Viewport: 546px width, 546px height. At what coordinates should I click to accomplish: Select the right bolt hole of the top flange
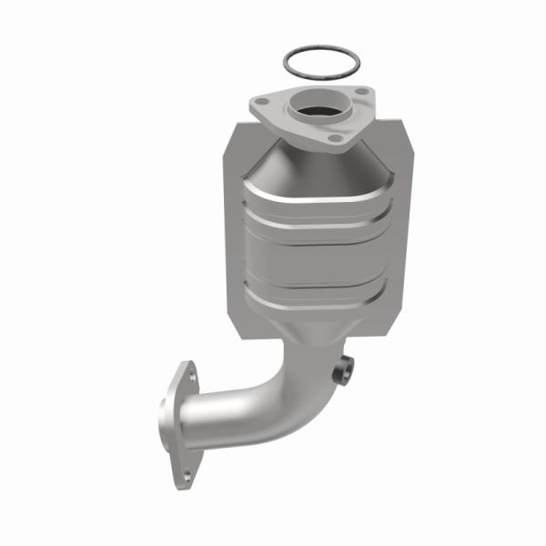click(x=362, y=94)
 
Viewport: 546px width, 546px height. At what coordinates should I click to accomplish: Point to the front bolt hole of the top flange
click(x=334, y=138)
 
